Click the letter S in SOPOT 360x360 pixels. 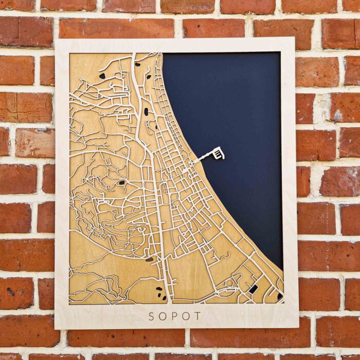click(151, 316)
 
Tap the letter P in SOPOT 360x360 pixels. click(175, 316)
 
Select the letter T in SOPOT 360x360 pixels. click(198, 316)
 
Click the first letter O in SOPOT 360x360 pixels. click(163, 316)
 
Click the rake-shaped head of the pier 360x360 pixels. click(219, 153)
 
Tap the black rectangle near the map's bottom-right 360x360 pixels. click(253, 289)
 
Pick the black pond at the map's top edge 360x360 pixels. click(137, 65)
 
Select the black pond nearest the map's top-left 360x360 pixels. click(102, 76)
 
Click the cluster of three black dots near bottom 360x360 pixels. click(160, 293)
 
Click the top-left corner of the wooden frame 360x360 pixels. click(56, 40)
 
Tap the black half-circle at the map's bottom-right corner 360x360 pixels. click(280, 296)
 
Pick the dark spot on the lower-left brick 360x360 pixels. click(11, 292)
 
